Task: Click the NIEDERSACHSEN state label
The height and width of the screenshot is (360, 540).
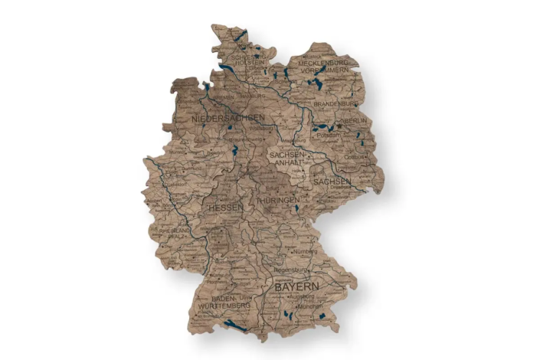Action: [x=228, y=118]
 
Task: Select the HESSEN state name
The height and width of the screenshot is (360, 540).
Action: [x=225, y=208]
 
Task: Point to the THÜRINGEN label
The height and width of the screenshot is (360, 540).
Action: [x=277, y=200]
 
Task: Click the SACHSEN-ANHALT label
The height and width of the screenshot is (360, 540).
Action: [x=288, y=158]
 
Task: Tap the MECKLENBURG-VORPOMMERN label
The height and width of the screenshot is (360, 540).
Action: [x=329, y=65]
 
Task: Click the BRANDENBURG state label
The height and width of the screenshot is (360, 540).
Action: [x=335, y=103]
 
